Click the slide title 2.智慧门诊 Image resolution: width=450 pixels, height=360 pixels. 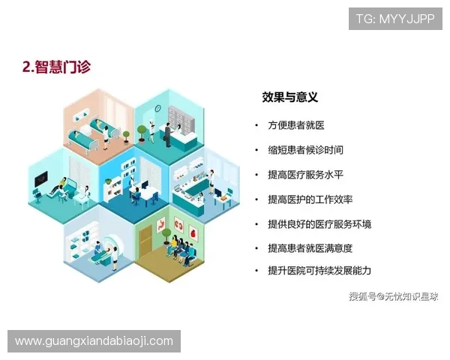click(x=56, y=67)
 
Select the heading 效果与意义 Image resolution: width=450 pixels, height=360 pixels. click(x=289, y=97)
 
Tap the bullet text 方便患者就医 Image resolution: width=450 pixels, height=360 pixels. click(x=296, y=125)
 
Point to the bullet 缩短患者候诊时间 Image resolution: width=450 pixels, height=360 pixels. click(x=306, y=150)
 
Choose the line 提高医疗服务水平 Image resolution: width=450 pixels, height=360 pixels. click(x=306, y=175)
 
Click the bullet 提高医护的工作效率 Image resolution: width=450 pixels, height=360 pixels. click(x=310, y=199)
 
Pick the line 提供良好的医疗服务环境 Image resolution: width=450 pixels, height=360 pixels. click(x=319, y=224)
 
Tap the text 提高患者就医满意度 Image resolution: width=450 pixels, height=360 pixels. click(x=310, y=247)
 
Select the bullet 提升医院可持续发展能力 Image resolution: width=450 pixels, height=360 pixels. click(x=319, y=270)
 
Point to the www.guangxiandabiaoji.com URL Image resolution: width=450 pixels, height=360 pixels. click(x=94, y=341)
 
